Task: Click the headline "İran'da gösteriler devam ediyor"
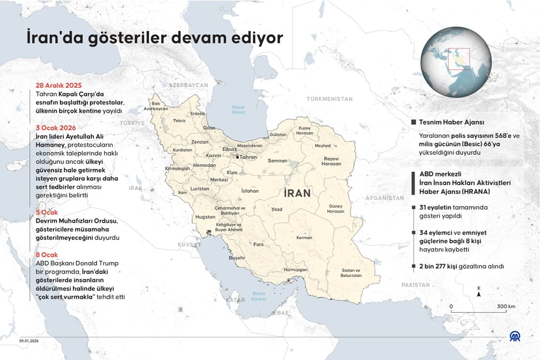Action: [x=155, y=38]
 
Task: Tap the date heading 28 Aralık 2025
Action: [x=59, y=85]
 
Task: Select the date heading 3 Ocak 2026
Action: [x=55, y=128]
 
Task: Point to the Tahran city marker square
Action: [x=237, y=157]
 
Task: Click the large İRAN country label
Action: [x=297, y=193]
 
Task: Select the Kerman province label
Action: [x=304, y=238]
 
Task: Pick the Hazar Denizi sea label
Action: [x=238, y=109]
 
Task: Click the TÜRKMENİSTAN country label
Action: [x=329, y=99]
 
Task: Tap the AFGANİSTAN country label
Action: [x=384, y=198]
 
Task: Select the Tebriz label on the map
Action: [x=179, y=120]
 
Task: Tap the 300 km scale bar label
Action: [x=506, y=306]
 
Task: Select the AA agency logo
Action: [x=515, y=336]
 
